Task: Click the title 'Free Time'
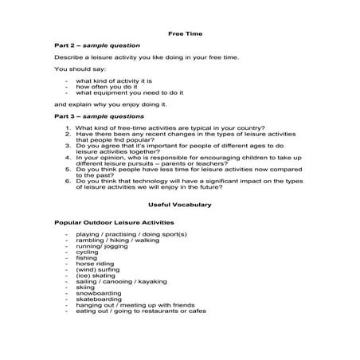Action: tap(180, 33)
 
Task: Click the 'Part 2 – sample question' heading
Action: tap(96, 45)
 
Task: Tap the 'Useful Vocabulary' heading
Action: tap(180, 205)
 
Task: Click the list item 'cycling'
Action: tap(88, 252)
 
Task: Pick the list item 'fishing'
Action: tap(87, 258)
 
